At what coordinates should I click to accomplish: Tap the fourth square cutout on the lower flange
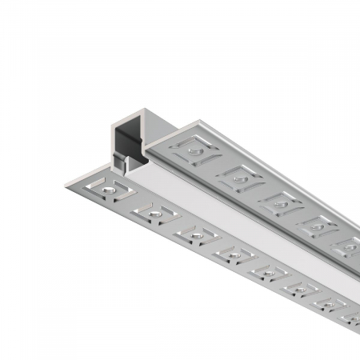coord(231,257)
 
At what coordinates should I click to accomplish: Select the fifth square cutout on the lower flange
coord(266,275)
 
